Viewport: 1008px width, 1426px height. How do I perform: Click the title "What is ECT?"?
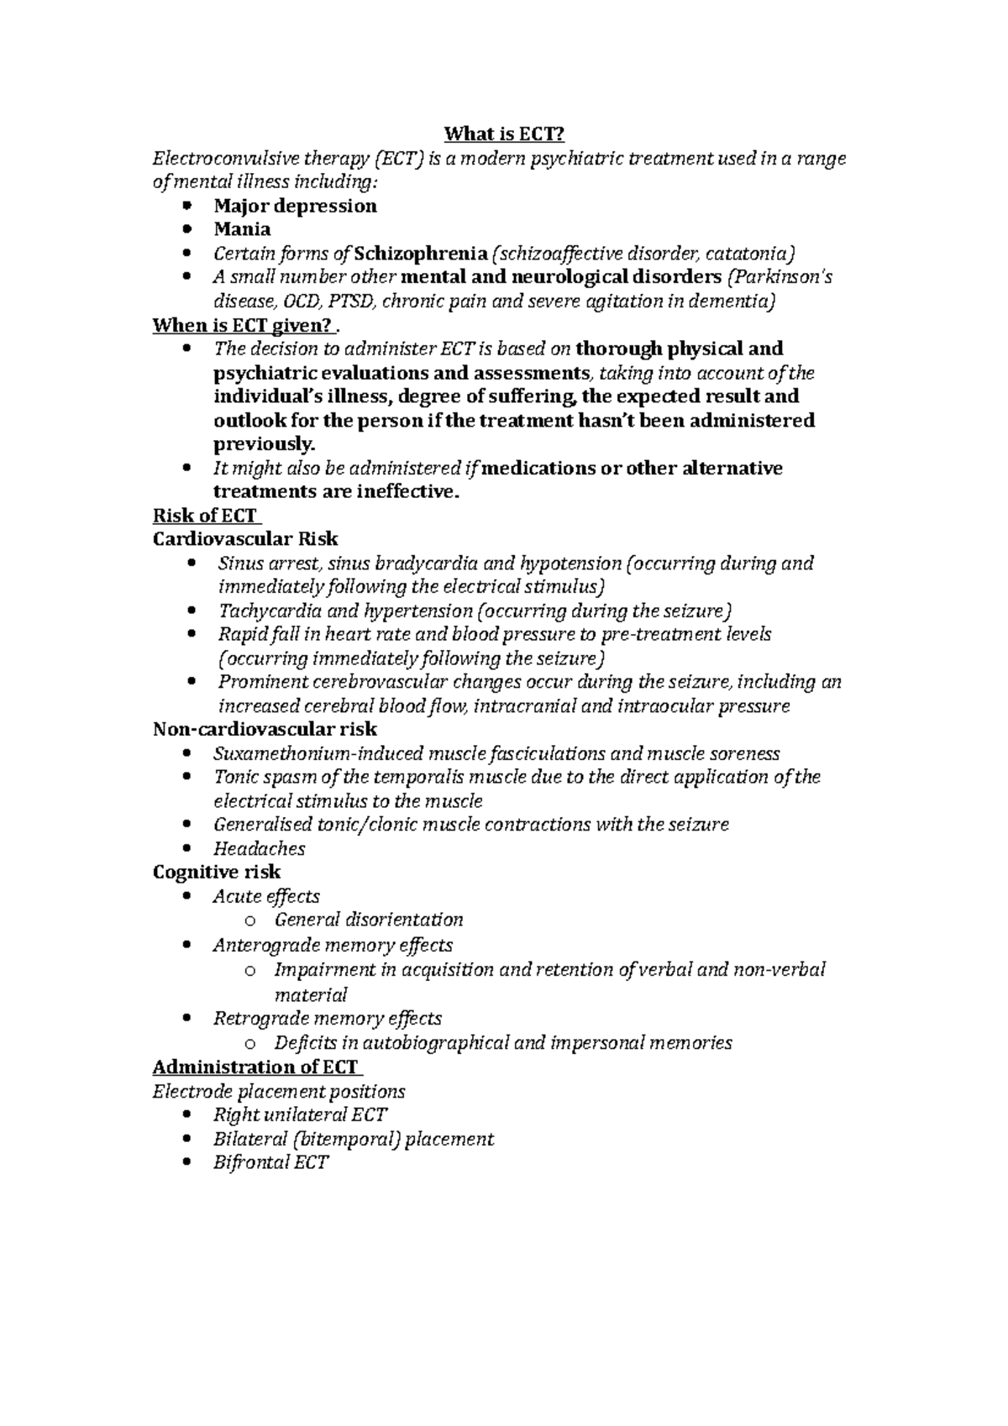pyautogui.click(x=504, y=134)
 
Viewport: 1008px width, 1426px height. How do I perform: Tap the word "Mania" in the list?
pyautogui.click(x=242, y=229)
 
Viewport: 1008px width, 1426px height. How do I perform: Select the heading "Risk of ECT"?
pyautogui.click(x=204, y=516)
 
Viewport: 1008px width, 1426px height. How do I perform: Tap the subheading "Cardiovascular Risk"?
pyautogui.click(x=245, y=539)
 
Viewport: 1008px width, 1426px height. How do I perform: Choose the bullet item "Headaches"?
pyautogui.click(x=259, y=848)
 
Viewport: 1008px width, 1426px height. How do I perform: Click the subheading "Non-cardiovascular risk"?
pyautogui.click(x=265, y=729)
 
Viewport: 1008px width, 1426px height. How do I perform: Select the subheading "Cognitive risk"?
pyautogui.click(x=217, y=872)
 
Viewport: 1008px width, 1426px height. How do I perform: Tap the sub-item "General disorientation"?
pyautogui.click(x=369, y=920)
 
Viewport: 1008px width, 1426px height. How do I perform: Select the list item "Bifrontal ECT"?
pyautogui.click(x=270, y=1163)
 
